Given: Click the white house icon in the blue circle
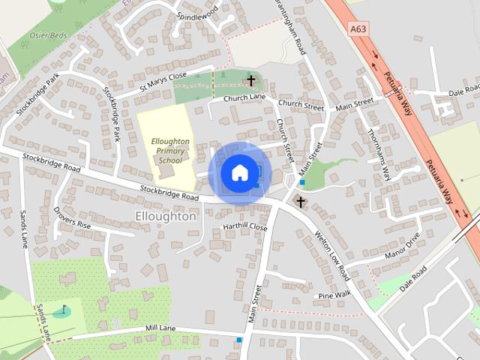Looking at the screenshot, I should pos(239,172).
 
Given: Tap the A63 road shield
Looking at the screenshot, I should pos(358,29).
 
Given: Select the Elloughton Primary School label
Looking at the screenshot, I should pos(170,150).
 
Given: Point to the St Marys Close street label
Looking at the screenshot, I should pos(163,82).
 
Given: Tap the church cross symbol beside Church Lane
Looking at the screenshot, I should pos(251,80).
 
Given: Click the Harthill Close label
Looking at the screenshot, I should pos(244,226).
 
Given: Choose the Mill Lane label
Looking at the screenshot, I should pos(160,328).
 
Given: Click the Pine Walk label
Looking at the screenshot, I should pos(334,295).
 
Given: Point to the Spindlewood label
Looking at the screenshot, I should pos(196,13).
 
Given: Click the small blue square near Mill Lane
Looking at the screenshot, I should pos(239,340).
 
